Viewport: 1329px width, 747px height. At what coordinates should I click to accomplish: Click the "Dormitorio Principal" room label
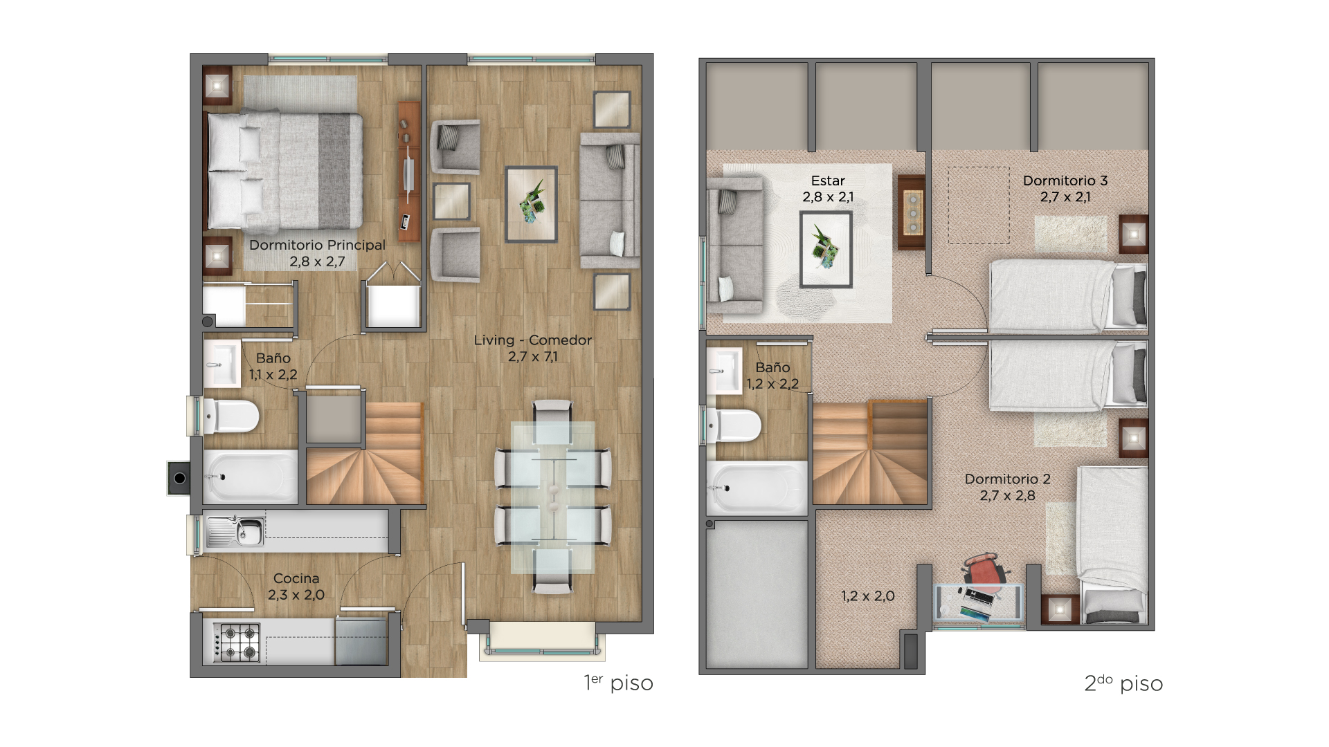pos(317,246)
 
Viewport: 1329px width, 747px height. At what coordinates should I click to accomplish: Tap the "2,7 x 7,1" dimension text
pos(532,357)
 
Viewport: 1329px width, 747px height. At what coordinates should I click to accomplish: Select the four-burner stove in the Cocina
pos(237,642)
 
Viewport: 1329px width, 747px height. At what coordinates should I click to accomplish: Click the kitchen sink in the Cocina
pos(235,531)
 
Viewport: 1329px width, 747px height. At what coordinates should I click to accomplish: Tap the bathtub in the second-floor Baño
pos(757,488)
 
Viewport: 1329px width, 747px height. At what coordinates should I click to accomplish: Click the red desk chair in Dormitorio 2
pos(986,570)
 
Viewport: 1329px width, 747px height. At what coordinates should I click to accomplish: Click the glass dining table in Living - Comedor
pos(552,497)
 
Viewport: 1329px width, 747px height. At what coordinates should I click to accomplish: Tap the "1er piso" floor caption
pos(618,683)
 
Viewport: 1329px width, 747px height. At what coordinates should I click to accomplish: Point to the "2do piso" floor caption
pos(1123,683)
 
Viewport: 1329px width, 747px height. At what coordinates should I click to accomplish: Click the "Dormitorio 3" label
pos(1065,181)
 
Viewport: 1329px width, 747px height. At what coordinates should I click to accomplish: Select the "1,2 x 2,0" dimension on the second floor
pos(868,596)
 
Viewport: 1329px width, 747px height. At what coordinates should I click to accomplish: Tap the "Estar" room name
pos(828,181)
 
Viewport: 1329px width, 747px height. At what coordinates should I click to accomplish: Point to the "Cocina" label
pos(296,578)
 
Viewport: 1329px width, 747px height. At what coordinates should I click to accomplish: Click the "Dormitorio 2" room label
pos(1008,479)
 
